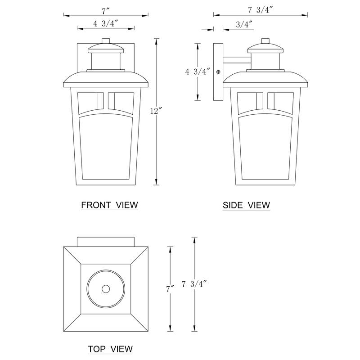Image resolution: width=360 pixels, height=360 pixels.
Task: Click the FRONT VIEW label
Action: click(x=109, y=205)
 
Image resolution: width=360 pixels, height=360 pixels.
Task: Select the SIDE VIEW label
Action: click(x=246, y=205)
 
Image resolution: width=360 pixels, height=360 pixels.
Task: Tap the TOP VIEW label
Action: click(x=110, y=349)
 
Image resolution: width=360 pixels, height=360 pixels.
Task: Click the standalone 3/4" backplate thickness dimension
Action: click(x=244, y=24)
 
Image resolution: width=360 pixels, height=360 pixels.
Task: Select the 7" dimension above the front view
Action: click(x=107, y=10)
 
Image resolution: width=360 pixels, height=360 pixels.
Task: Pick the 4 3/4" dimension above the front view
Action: click(x=106, y=24)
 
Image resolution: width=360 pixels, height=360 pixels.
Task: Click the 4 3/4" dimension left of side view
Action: click(x=198, y=72)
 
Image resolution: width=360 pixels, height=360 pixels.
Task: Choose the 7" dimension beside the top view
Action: click(x=170, y=289)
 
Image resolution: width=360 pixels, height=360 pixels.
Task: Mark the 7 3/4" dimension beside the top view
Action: click(x=194, y=284)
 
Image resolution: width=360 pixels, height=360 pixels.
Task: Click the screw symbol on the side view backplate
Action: click(x=219, y=72)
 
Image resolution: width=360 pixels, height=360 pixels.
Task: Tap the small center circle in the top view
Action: click(x=107, y=288)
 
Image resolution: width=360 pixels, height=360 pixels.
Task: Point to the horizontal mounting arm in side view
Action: click(x=236, y=59)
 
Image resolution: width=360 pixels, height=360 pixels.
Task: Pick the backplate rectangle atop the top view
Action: click(x=107, y=242)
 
